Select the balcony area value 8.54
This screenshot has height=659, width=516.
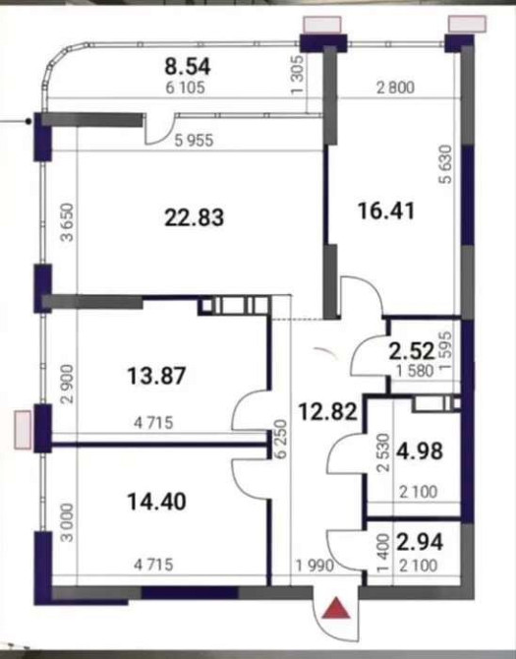tap(190, 67)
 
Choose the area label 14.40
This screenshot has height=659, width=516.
tap(156, 501)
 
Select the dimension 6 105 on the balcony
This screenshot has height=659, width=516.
tap(188, 87)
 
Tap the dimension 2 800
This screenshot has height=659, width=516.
tap(396, 88)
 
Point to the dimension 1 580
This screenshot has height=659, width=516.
tap(411, 370)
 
